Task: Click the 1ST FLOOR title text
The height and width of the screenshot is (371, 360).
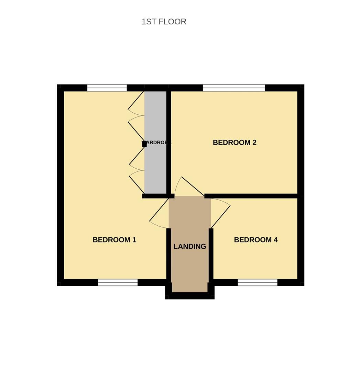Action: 164,22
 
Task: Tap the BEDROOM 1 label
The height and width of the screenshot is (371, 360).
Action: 114,240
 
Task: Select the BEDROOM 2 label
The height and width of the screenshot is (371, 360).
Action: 234,143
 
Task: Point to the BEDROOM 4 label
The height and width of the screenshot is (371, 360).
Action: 255,240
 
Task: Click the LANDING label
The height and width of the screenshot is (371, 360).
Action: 189,246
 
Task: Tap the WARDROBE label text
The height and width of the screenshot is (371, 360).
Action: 157,142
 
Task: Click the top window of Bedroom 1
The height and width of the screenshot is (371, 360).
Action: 107,88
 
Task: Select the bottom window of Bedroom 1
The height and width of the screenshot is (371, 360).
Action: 118,282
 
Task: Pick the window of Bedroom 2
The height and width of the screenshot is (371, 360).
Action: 234,88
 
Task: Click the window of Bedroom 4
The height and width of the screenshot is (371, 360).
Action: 258,282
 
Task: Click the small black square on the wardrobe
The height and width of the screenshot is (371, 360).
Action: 144,144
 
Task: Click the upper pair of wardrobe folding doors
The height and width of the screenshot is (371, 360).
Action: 136,115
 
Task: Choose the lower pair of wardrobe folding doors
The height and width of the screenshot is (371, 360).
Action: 137,170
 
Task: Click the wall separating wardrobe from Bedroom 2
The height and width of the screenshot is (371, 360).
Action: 168,143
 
